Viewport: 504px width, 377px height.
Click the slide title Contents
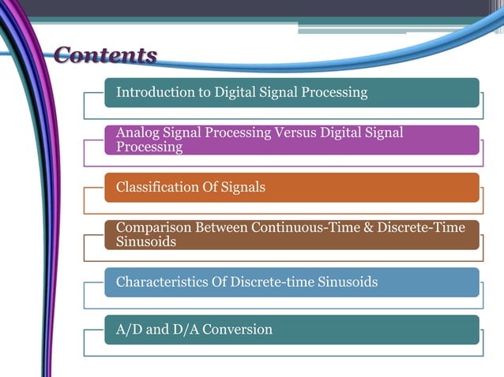coord(105,55)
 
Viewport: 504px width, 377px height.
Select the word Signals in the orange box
coord(241,187)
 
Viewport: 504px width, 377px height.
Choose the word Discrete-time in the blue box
coord(267,282)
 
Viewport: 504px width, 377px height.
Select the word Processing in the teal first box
coord(333,92)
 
